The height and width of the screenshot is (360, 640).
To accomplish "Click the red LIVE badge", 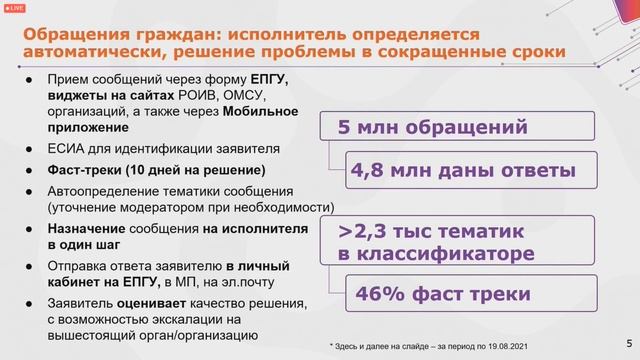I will pyautogui.click(x=16, y=7).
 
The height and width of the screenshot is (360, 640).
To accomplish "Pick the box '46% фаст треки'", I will pyautogui.click(x=458, y=296).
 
